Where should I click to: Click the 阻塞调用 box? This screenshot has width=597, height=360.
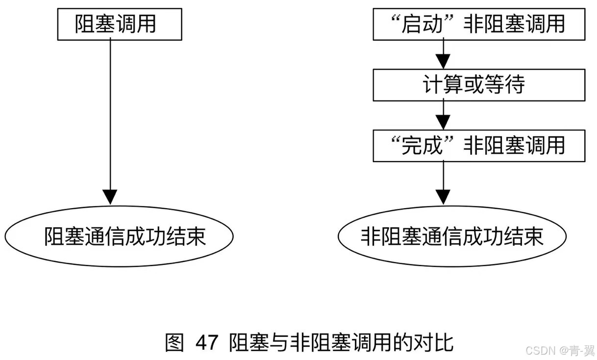[x=120, y=24]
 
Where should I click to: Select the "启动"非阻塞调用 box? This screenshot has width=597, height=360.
[x=479, y=24]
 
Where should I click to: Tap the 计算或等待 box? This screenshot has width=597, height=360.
[x=479, y=85]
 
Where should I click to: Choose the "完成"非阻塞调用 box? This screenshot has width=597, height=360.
[x=479, y=145]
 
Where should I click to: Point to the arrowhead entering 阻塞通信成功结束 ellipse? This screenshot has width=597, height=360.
[x=110, y=197]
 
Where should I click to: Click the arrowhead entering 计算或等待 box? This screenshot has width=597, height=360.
[x=443, y=62]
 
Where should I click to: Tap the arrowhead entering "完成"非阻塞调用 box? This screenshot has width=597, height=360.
[x=443, y=122]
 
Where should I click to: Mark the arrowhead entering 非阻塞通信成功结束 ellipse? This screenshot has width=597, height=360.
[x=443, y=197]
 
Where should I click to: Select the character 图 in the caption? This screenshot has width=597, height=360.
[x=174, y=342]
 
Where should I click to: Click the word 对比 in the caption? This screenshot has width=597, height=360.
[x=437, y=342]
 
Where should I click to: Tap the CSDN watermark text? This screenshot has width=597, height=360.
[x=540, y=350]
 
